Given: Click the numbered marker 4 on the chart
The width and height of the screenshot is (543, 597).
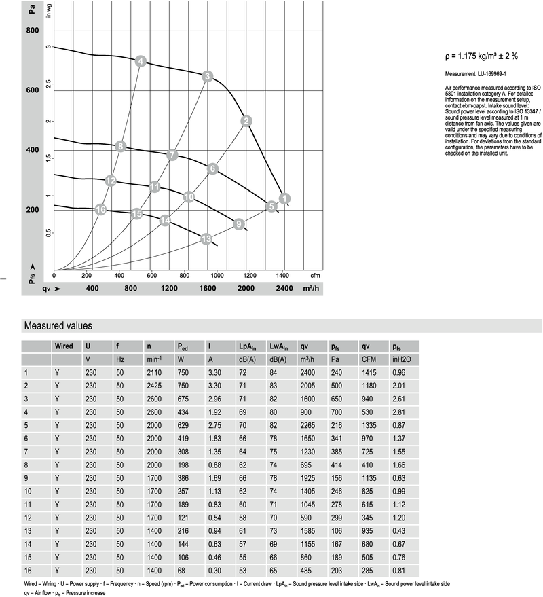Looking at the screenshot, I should [x=141, y=62].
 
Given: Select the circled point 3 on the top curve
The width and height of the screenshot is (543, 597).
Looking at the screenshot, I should [x=208, y=76].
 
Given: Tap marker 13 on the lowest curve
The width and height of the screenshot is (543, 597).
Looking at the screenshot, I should [x=206, y=238].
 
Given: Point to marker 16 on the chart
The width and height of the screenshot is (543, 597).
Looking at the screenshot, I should [x=101, y=210].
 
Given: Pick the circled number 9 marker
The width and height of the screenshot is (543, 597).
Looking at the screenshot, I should [x=238, y=223].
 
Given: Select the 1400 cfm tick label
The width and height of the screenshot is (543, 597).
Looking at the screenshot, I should [x=282, y=276].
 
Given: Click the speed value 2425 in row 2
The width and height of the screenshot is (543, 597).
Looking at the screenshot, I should [x=153, y=385].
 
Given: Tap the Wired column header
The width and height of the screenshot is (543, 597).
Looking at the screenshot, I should [x=64, y=346].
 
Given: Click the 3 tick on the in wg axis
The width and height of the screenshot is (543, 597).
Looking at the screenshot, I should [x=48, y=47].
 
